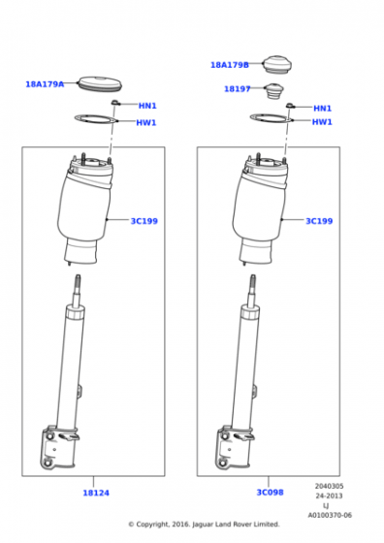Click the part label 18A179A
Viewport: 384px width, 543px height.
pos(45,84)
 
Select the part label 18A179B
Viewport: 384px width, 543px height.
pos(230,65)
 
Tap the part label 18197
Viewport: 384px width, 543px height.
pos(238,89)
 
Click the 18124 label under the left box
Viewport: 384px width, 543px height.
pos(96,493)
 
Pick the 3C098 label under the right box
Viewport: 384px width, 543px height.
pos(270,493)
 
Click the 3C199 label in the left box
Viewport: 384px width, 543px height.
pos(144,221)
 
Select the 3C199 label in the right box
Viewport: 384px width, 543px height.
pos(319,221)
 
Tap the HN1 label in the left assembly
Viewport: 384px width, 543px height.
pos(147,106)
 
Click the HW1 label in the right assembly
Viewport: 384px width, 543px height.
pos(322,122)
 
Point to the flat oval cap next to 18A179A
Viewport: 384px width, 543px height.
pos(100,83)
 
